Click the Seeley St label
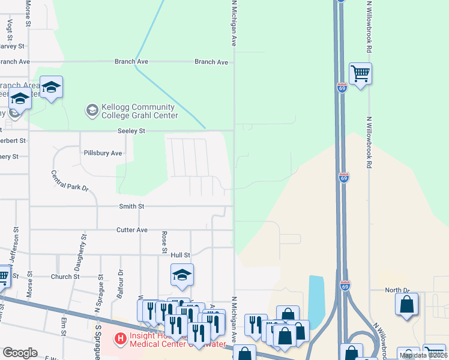coord(131,131)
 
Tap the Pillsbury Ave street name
coord(103,154)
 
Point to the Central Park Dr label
coord(70,182)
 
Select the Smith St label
coord(131,206)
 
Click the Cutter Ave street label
coord(131,230)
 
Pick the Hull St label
coord(180,255)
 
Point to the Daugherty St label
coord(83,253)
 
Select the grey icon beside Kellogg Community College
coord(92,110)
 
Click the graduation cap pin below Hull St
coord(182,275)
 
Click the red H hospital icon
coord(121,340)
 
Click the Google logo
coord(20,353)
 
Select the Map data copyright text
coord(423,355)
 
